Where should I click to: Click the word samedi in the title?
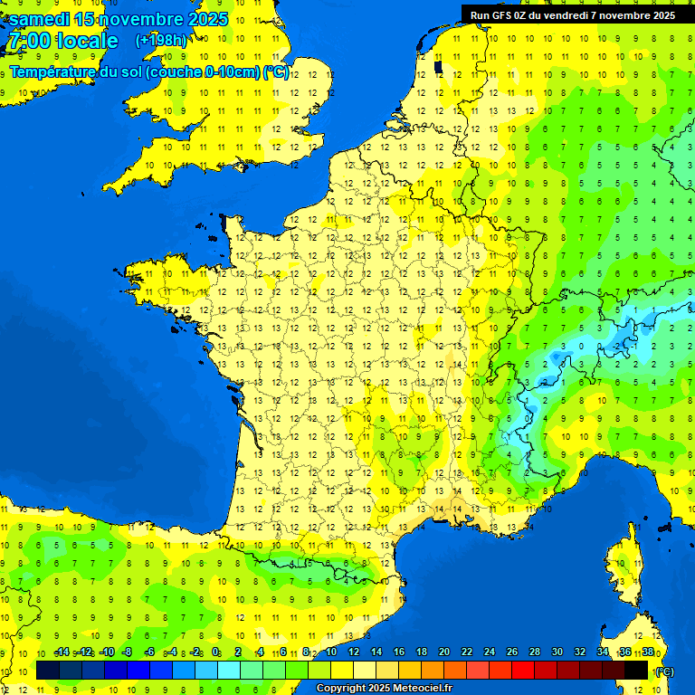(x=39, y=19)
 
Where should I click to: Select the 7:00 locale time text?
(x=62, y=41)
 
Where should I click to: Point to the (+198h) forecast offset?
(x=161, y=41)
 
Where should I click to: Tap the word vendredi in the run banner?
(x=562, y=15)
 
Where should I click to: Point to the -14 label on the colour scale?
(x=62, y=652)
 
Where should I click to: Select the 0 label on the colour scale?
(x=215, y=652)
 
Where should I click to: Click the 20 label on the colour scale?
(x=444, y=652)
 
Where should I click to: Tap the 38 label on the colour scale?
(x=648, y=652)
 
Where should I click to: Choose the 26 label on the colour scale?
(x=512, y=652)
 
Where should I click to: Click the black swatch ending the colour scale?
(x=636, y=670)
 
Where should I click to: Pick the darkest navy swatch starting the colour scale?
(x=48, y=670)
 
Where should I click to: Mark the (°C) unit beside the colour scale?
(x=665, y=671)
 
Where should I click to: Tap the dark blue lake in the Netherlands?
(x=439, y=65)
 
